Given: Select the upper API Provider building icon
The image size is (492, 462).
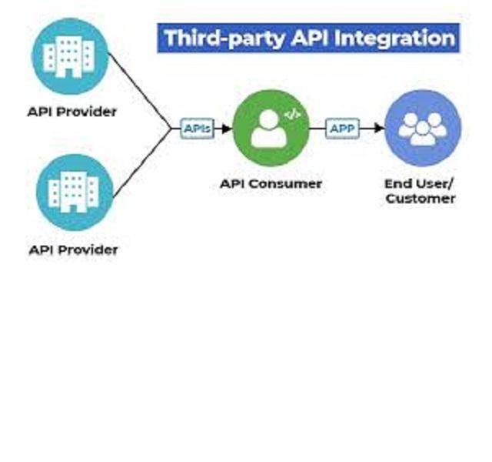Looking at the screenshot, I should (71, 55).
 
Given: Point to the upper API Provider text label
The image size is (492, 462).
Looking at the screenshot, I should (72, 112).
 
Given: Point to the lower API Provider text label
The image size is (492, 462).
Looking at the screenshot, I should (74, 249).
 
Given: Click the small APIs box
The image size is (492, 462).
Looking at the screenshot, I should (198, 129).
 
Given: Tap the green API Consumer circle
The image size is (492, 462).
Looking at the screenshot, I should (271, 129).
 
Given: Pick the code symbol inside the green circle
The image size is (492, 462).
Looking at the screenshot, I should (291, 115).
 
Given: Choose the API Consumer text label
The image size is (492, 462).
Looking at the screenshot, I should (271, 184).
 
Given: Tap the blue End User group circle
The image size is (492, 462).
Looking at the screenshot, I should (422, 129).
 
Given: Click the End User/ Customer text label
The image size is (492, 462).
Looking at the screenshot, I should (421, 191).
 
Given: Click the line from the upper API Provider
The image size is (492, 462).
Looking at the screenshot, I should (138, 89).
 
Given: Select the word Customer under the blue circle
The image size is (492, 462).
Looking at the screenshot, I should (421, 199).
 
